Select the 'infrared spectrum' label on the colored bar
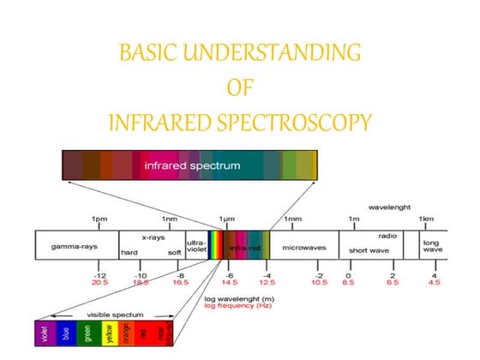pyautogui.click(x=192, y=164)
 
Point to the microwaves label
pyautogui.click(x=306, y=248)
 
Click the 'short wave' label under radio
pyautogui.click(x=369, y=251)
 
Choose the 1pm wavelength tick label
pyautogui.click(x=99, y=219)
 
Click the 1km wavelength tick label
pyautogui.click(x=426, y=219)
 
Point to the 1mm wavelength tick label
pyautogui.click(x=292, y=219)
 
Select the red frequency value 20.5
pyautogui.click(x=99, y=281)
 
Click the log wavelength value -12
pyautogui.click(x=99, y=273)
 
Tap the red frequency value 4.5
pyautogui.click(x=434, y=281)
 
